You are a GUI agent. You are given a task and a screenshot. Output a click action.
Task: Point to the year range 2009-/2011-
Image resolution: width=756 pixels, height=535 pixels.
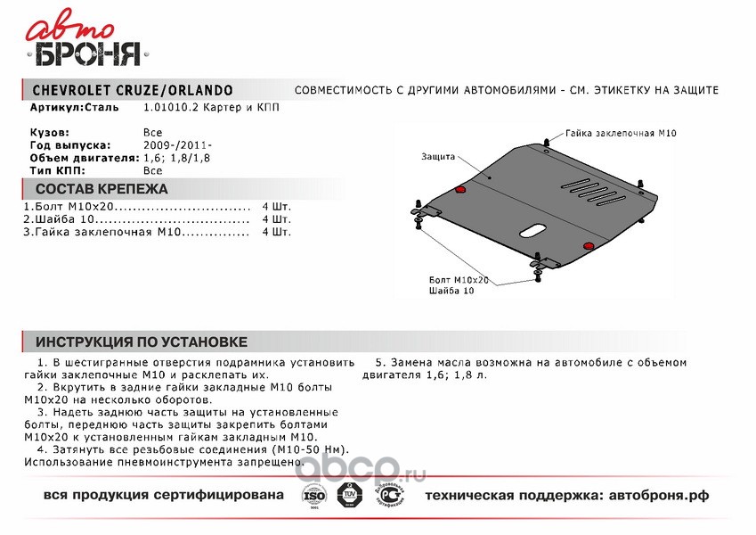point(178,144)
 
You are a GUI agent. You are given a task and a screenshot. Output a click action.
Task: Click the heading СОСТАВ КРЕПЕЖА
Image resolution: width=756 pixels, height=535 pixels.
point(101,189)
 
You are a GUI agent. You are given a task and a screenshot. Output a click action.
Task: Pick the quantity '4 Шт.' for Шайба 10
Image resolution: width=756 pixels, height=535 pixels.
point(276,219)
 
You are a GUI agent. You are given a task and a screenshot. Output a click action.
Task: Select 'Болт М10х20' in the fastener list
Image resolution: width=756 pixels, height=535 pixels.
point(61,207)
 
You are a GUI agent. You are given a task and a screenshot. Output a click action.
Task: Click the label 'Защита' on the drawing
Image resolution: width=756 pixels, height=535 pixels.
point(439,156)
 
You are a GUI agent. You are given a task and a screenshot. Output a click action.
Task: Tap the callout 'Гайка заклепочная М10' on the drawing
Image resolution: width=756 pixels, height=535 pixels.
point(621,133)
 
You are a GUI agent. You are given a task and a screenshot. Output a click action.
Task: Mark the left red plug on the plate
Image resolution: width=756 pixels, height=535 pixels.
point(459,190)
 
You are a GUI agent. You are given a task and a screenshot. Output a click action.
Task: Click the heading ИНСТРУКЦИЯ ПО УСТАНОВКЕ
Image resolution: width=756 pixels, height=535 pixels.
point(141,342)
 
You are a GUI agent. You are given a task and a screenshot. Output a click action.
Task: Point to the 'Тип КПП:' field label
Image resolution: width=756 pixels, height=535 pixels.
point(57,169)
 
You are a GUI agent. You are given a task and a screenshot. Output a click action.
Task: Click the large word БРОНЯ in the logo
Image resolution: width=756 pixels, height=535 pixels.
point(87,55)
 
